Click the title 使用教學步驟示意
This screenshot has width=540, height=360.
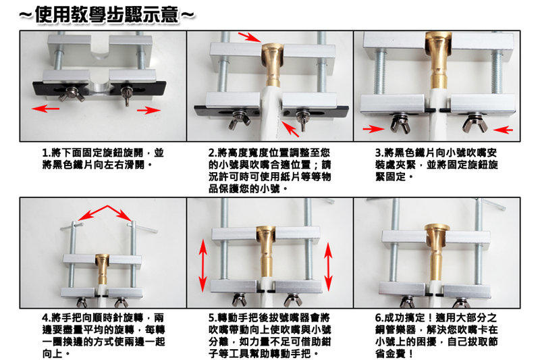click(x=107, y=15)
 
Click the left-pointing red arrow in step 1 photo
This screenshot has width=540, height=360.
click(x=45, y=109)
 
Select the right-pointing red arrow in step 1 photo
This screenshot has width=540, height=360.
click(x=148, y=110)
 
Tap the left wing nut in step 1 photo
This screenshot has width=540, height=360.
click(x=70, y=95)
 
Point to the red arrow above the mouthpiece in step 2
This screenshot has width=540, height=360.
click(x=249, y=37)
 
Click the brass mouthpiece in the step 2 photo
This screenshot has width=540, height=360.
click(x=273, y=64)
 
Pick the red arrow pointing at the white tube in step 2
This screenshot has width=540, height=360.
click(x=290, y=128)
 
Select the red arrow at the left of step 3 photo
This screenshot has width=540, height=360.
click(x=373, y=129)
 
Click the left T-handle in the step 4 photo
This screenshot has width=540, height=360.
click(x=72, y=226)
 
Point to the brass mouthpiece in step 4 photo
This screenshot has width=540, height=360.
click(x=102, y=269)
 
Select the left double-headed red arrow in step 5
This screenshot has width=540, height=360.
click(x=203, y=266)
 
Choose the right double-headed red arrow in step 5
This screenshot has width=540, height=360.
click(x=328, y=267)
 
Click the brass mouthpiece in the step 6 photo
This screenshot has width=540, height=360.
click(x=436, y=251)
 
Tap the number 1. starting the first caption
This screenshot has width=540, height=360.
click(x=47, y=152)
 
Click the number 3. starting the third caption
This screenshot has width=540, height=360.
click(x=379, y=152)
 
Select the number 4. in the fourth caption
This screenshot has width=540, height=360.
click(x=47, y=317)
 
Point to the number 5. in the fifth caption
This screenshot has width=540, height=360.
click(x=213, y=317)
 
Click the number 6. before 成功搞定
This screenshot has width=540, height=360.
click(x=379, y=317)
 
